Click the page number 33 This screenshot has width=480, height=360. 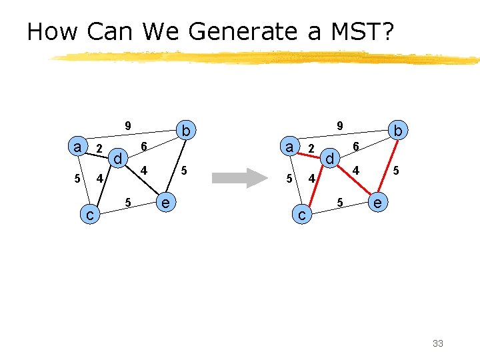tap(438, 343)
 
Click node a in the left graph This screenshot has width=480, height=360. tap(79, 147)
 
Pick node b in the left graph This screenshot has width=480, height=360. tap(187, 131)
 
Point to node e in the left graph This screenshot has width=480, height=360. tap(165, 202)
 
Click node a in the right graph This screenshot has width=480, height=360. tap(289, 147)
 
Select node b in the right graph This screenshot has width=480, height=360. tap(398, 131)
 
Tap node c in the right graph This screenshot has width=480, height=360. tap(302, 215)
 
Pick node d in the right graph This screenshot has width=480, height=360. tap(329, 159)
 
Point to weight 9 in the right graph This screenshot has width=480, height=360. tap(339, 125)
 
